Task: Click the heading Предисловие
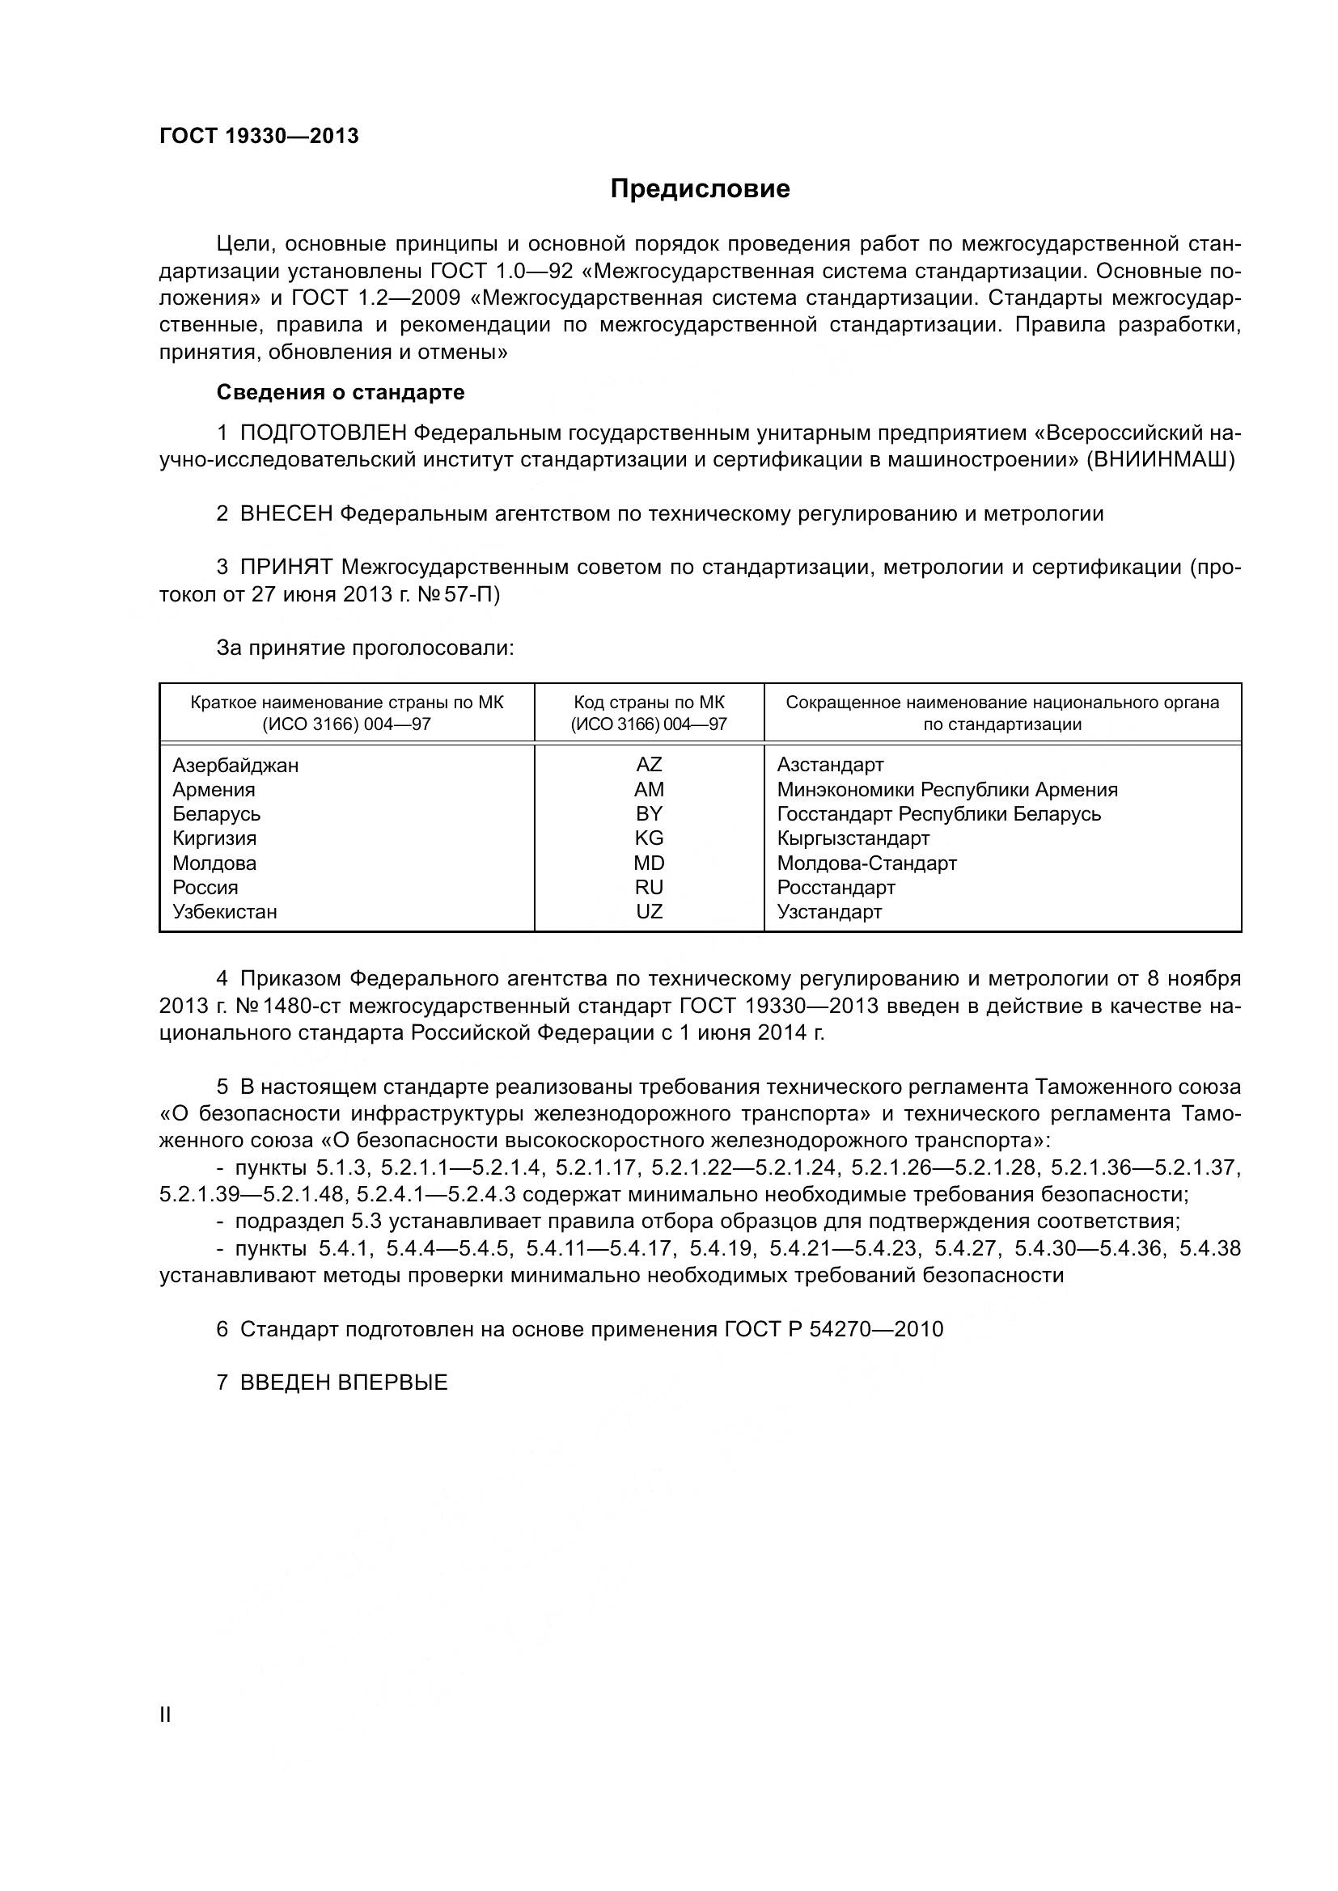700,188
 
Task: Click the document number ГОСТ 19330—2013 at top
259,136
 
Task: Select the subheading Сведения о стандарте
341,392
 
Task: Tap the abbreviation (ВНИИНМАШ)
1161,459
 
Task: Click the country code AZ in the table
649,765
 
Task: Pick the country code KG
649,838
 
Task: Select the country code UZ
649,912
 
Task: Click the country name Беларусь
217,814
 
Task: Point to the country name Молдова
214,863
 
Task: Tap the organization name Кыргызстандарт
853,838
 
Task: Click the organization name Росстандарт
836,888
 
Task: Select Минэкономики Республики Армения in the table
946,790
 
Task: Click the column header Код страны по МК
649,703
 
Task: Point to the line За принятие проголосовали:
365,648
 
